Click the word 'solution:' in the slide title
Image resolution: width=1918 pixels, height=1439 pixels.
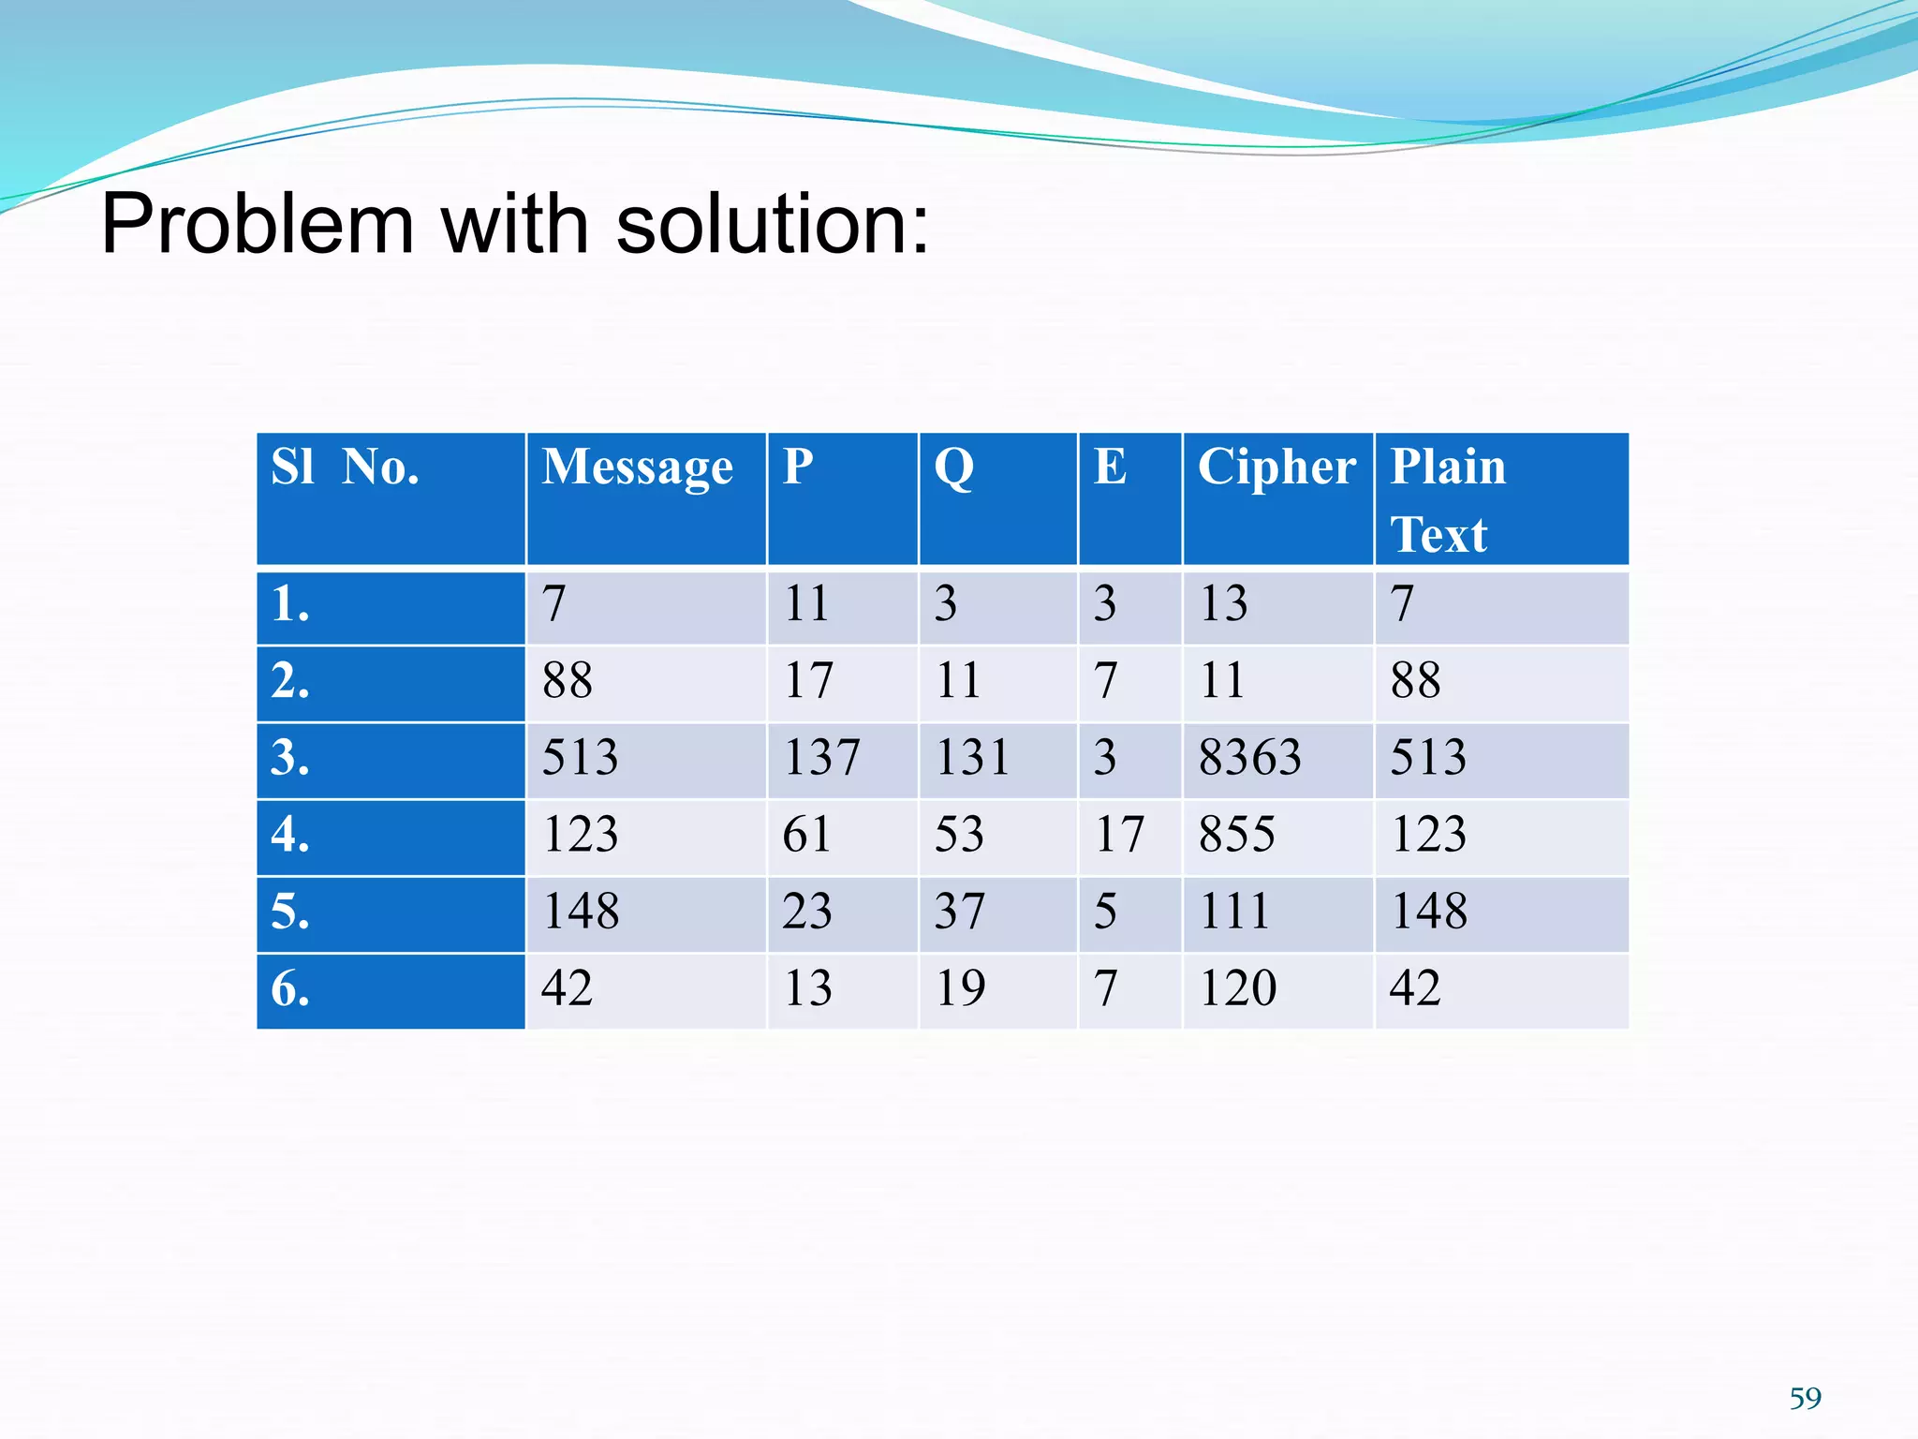[773, 225]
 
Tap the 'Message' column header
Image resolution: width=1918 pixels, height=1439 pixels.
[637, 467]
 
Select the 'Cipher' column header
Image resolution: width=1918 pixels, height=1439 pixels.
[1276, 467]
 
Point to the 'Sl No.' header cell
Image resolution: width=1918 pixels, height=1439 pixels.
[345, 467]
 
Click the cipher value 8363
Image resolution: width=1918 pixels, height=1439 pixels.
[1249, 758]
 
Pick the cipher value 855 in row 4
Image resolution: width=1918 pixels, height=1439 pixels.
[1236, 835]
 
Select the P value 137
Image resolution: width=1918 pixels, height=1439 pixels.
[821, 758]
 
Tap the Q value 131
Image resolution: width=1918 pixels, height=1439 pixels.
[972, 758]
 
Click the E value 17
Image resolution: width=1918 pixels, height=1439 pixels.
[1119, 835]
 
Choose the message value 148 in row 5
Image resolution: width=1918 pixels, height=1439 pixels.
[581, 912]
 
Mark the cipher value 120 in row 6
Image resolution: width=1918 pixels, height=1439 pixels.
[1237, 988]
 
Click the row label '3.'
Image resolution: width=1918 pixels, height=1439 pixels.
[290, 758]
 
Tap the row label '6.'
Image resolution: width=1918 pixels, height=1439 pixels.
[290, 989]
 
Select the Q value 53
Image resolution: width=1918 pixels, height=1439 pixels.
[959, 835]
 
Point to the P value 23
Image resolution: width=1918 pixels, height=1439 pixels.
[806, 912]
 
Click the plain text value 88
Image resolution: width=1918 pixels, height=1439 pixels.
[1415, 681]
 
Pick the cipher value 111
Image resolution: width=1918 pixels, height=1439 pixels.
[1234, 912]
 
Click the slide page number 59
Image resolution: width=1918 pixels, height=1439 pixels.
[1805, 1398]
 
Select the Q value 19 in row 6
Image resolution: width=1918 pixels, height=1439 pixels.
[960, 988]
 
